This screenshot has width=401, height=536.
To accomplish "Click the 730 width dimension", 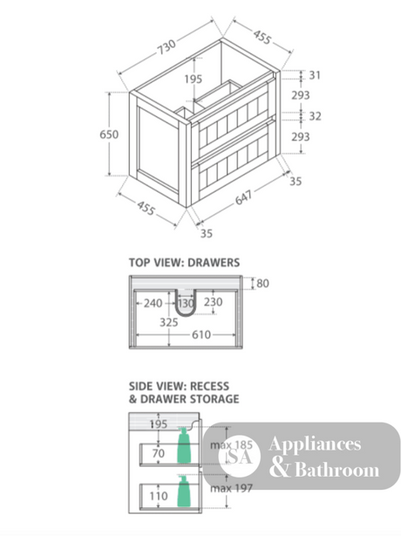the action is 167,47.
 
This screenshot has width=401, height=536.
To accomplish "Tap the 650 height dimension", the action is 109,134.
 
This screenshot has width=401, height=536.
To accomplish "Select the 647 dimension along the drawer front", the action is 244,197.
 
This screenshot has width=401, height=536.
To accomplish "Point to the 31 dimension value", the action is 315,75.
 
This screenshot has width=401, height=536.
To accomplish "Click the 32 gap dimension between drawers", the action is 315,116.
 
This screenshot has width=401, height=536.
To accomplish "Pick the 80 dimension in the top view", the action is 262,284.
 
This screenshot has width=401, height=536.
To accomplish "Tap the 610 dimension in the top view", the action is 201,334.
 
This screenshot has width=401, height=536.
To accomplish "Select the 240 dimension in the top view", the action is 153,303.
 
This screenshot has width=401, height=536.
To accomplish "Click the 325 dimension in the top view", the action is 169,322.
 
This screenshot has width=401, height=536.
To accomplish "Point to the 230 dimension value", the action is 214,302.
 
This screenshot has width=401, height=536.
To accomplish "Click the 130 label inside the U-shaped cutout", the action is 186,303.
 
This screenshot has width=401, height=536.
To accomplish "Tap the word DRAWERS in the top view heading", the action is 214,263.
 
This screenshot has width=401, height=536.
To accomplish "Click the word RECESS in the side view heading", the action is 209,386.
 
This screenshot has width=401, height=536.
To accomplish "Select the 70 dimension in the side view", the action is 159,454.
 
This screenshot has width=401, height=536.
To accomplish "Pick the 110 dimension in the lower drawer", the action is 159,496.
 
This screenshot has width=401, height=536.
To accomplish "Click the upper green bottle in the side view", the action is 184,445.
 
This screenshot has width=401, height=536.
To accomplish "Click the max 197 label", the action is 231,488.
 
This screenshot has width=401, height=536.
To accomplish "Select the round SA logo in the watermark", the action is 240,457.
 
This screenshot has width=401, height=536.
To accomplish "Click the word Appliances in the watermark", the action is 315,444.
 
